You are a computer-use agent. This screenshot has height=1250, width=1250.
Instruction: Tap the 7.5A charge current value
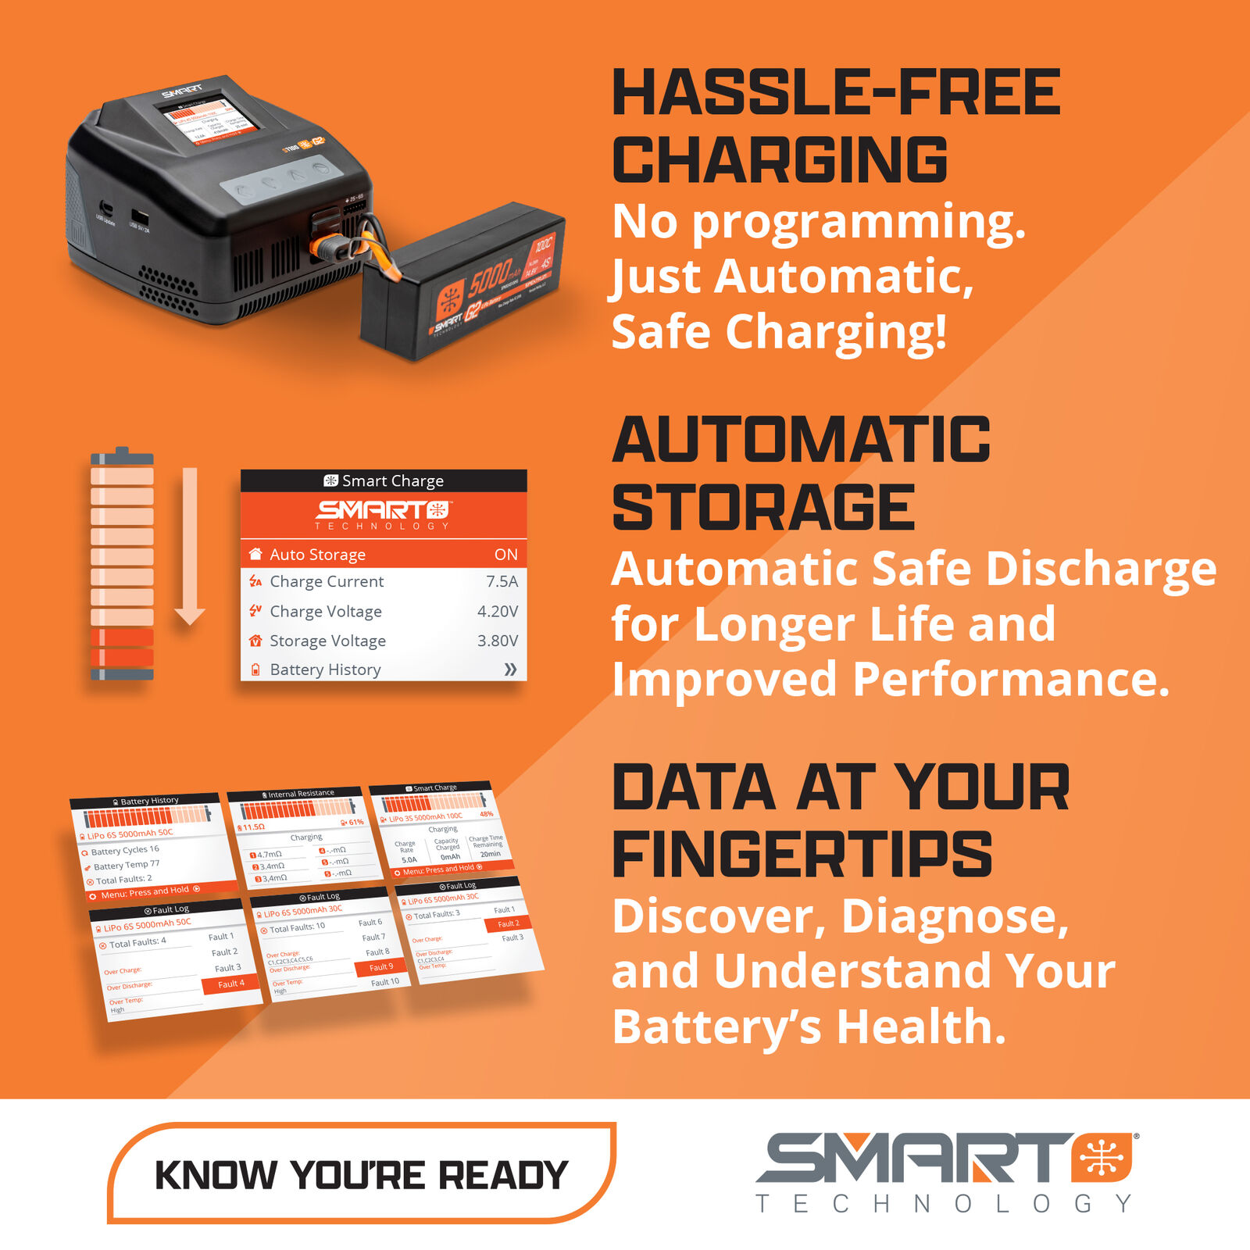502,581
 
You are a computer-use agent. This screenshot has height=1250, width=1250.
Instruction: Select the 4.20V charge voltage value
498,611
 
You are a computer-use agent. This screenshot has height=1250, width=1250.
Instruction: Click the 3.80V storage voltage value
498,641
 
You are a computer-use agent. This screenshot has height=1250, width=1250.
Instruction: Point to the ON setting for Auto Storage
505,555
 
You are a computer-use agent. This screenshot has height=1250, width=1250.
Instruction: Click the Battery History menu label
325,670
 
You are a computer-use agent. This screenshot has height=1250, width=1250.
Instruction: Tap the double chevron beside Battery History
510,670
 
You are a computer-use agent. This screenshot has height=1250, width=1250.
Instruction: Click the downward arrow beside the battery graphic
190,547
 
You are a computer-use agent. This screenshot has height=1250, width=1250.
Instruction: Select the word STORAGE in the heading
763,508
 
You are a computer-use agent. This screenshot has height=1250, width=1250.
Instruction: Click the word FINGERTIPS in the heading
802,854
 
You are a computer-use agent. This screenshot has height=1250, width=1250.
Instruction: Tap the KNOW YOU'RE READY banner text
361,1175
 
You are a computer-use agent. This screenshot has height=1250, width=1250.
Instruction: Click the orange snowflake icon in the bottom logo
1102,1157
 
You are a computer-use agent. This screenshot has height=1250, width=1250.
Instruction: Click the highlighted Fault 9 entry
381,967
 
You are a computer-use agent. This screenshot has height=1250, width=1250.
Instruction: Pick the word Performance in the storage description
1011,679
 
